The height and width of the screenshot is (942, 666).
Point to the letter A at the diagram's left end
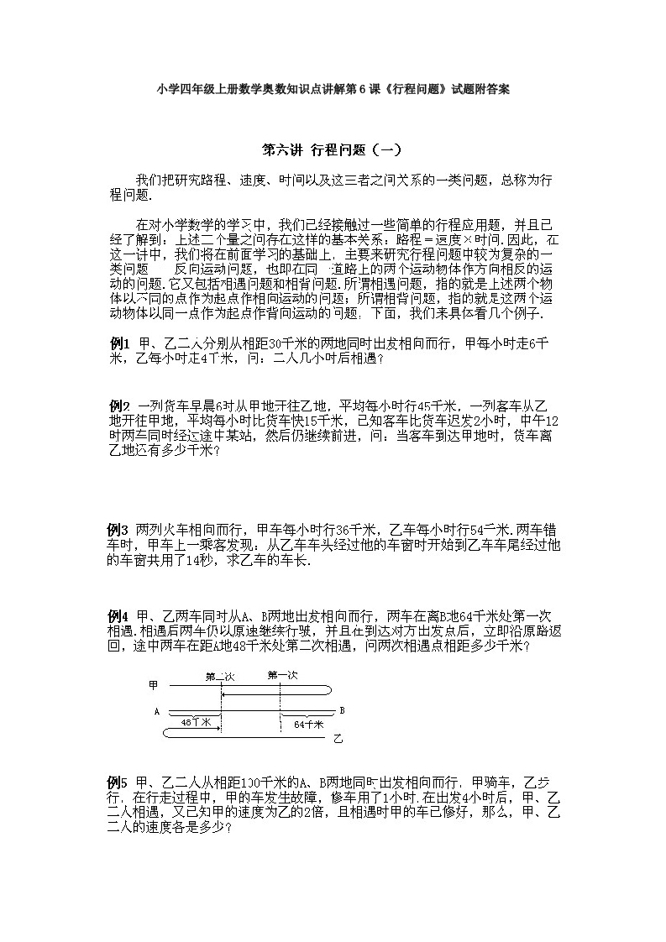click(157, 711)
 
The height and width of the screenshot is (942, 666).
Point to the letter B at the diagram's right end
click(342, 710)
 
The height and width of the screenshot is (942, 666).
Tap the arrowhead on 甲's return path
click(227, 693)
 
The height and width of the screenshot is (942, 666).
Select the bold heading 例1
click(119, 343)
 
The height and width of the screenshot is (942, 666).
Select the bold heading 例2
click(119, 404)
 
